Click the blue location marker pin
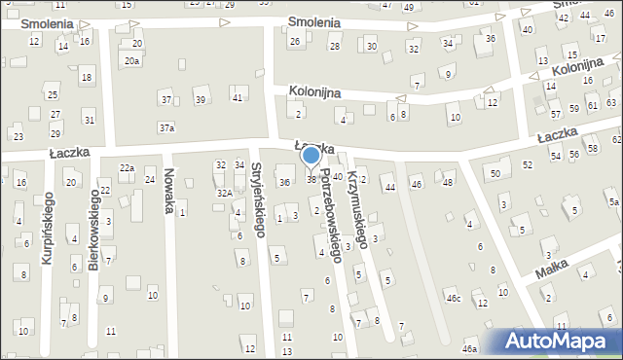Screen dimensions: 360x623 pos(311,155)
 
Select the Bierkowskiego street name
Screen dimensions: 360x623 pos(94,229)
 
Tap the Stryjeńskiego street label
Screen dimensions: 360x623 pos(259,199)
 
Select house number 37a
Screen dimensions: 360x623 pos(167,127)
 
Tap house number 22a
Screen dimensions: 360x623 pos(127,168)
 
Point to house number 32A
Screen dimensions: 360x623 pos(224,193)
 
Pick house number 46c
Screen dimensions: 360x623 pos(453,299)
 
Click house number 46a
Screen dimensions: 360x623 pos(470,348)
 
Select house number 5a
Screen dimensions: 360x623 pos(613,202)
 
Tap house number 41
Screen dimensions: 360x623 pos(237,98)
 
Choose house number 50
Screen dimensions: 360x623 pos(495,173)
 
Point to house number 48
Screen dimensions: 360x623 pos(448,182)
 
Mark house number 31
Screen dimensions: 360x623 pos(89,120)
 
